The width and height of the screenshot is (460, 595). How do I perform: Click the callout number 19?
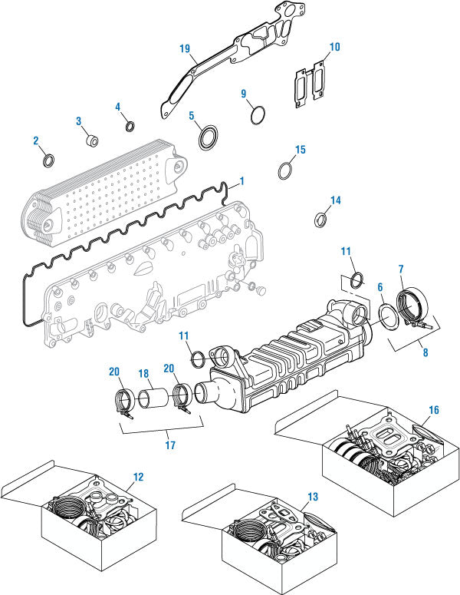[185, 48]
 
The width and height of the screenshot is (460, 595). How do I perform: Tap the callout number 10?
[333, 47]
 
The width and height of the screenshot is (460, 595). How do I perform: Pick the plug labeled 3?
[92, 140]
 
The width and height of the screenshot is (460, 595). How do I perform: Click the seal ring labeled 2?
[48, 160]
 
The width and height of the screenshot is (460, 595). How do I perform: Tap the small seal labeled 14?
[320, 221]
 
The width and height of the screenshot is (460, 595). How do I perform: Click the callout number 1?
[242, 181]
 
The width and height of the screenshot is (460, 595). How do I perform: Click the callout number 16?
[434, 411]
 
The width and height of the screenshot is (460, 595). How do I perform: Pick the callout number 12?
[137, 476]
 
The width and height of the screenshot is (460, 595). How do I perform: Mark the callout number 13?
[313, 497]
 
